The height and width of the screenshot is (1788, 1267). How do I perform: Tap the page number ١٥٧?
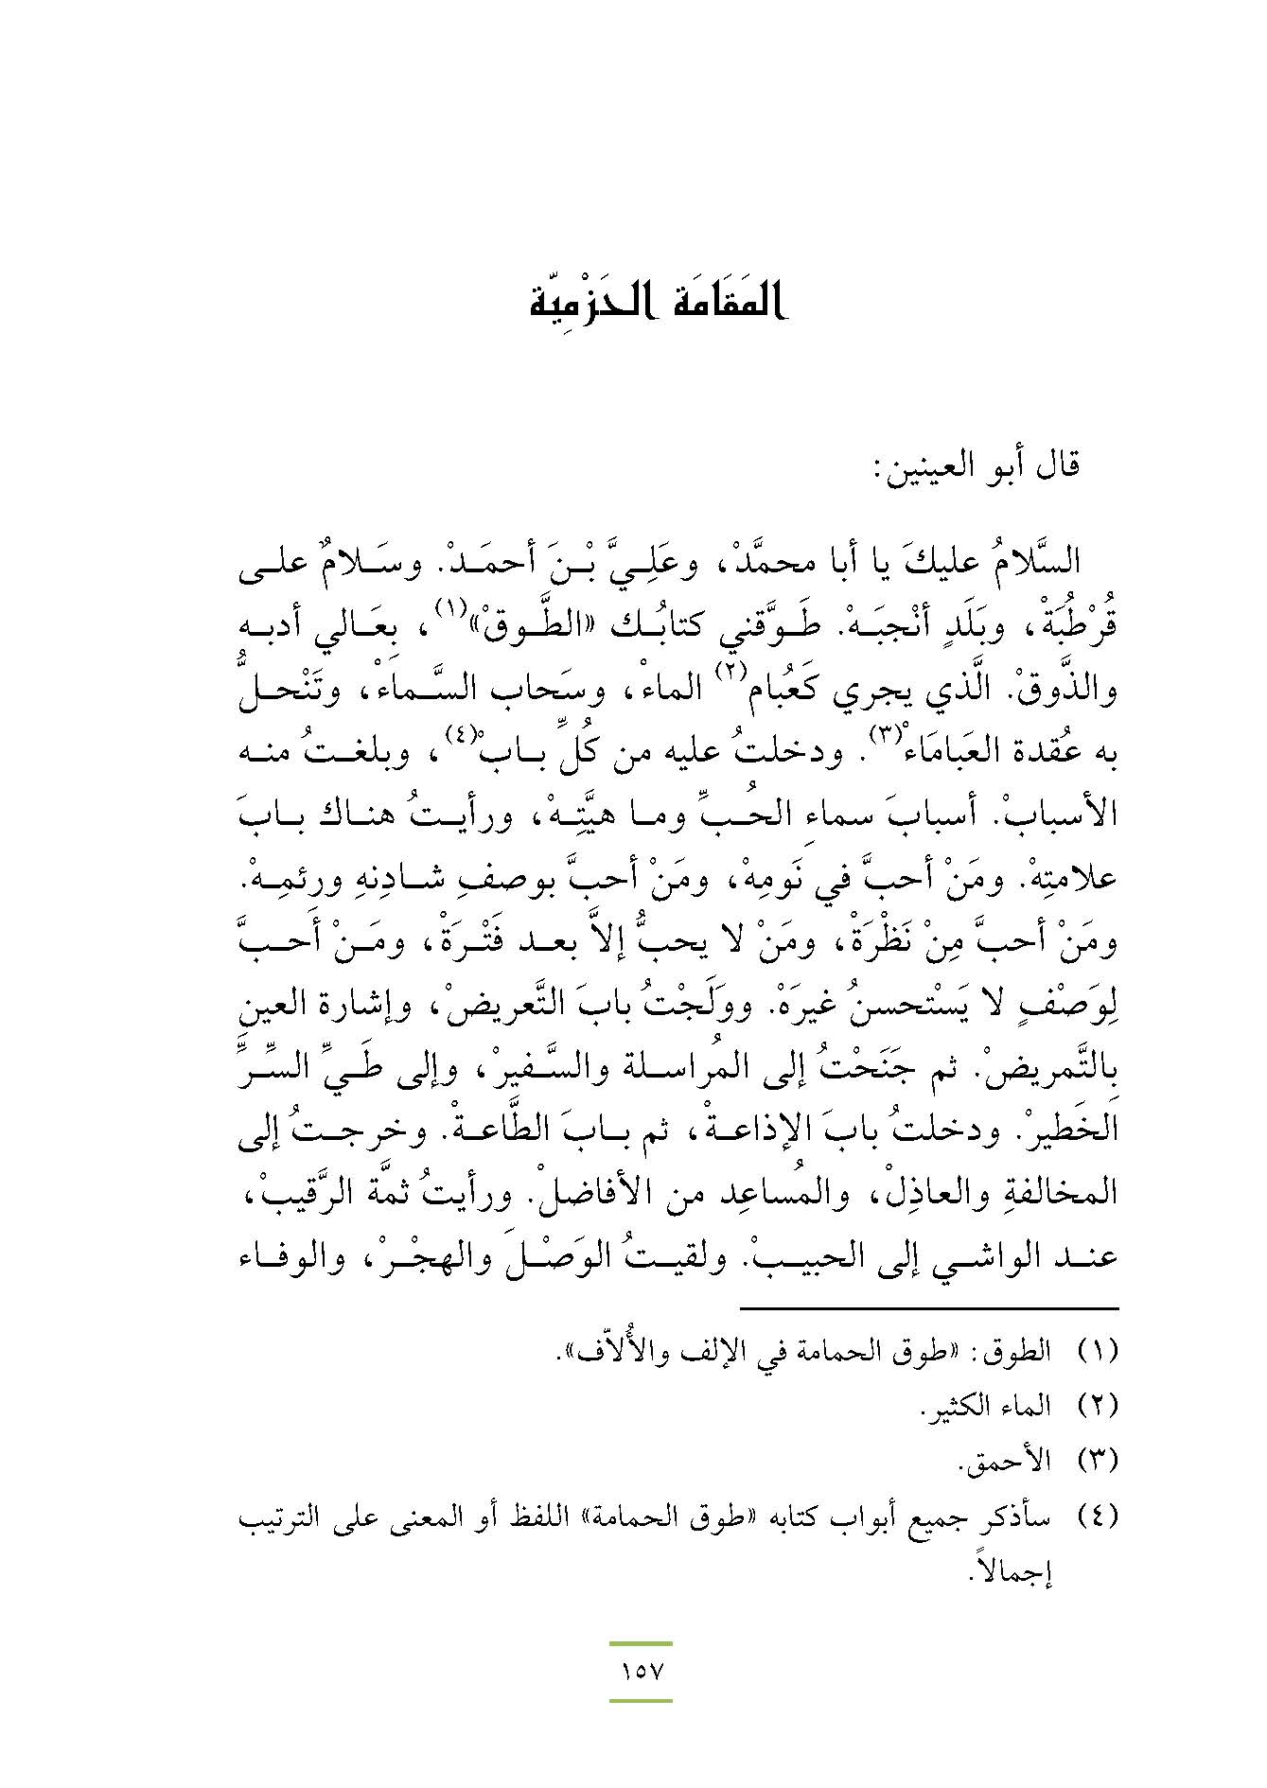pos(641,1670)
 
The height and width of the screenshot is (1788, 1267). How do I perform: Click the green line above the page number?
pos(641,1644)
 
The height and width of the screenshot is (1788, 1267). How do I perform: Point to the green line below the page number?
pos(641,1700)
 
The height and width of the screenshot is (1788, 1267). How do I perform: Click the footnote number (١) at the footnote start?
pos(1099,1350)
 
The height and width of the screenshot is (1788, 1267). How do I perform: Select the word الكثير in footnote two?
pos(955,1406)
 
